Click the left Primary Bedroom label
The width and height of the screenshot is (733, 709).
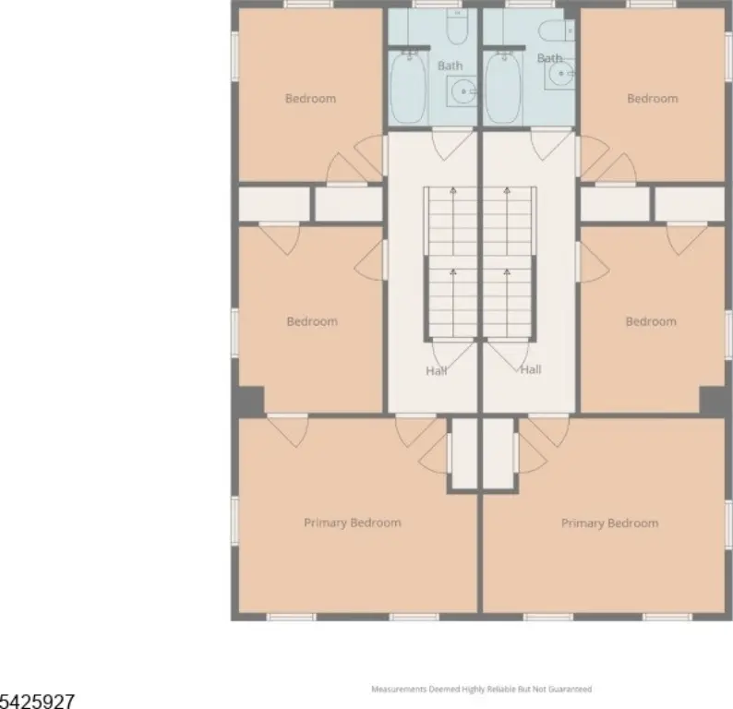tap(353, 523)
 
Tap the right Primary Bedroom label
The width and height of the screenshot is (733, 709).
tap(610, 523)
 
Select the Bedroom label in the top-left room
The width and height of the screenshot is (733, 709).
tap(310, 99)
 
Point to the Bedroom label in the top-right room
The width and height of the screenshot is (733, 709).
tap(653, 99)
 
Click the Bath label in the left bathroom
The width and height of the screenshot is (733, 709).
tap(451, 66)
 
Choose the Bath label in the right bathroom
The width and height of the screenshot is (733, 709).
tap(549, 58)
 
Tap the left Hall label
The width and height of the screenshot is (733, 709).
tap(436, 371)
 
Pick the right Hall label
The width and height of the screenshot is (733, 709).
tap(531, 369)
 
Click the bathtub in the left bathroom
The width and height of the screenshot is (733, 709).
tap(408, 87)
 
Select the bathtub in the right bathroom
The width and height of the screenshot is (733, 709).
tap(503, 87)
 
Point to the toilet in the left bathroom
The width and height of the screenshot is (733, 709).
tap(457, 27)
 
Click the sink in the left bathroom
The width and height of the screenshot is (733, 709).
tap(462, 91)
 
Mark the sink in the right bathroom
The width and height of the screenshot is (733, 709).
tap(560, 74)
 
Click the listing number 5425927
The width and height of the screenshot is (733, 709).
tap(37, 701)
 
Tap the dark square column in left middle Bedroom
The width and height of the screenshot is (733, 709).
tap(248, 400)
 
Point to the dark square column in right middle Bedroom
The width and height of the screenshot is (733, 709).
tap(715, 400)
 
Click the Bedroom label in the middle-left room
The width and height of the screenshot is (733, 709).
tap(312, 321)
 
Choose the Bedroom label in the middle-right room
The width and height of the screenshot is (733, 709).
tap(651, 321)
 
